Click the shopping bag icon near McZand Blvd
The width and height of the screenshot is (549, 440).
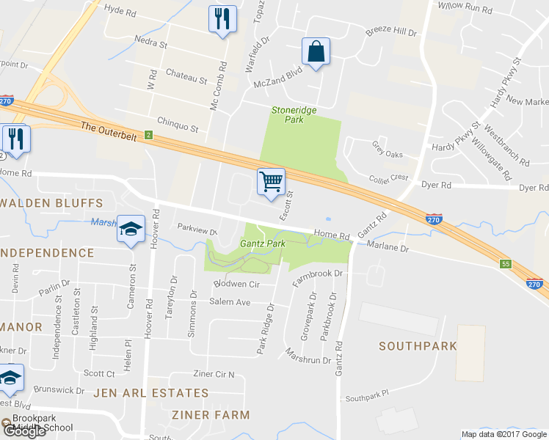tap(316, 52)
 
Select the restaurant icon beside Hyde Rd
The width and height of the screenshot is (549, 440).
tap(222, 18)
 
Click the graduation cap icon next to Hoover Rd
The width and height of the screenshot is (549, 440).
tap(131, 230)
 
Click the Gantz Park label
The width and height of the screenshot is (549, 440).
tap(262, 243)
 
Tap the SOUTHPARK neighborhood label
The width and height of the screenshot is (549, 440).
tap(413, 345)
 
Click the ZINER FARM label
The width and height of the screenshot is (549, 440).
tap(211, 414)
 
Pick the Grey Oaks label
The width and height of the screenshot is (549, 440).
tap(388, 155)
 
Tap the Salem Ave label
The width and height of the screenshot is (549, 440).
tap(230, 302)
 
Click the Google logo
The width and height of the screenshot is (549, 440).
tap(23, 431)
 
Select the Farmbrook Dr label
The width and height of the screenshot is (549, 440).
tap(318, 274)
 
